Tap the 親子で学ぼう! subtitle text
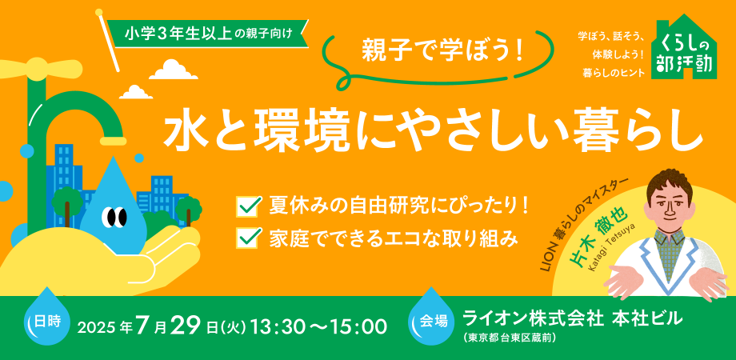[x=442, y=52]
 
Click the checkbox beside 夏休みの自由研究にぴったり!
[x=250, y=206]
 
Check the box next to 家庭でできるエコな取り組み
[x=250, y=238]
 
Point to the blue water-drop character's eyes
[x=114, y=216]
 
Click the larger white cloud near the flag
[x=174, y=70]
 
